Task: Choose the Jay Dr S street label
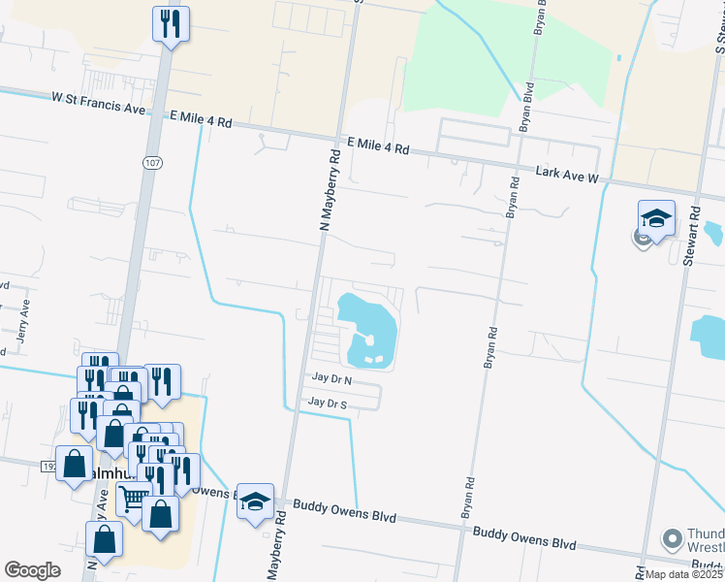tap(327, 402)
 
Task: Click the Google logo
tap(32, 570)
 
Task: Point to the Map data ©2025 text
tap(683, 574)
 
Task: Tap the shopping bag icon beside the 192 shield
tap(74, 464)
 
